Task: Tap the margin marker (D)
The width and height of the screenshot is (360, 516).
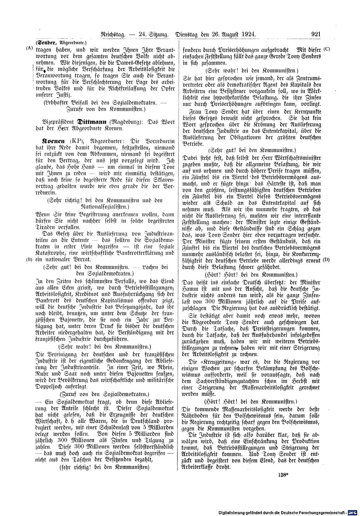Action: [x=327, y=260]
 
